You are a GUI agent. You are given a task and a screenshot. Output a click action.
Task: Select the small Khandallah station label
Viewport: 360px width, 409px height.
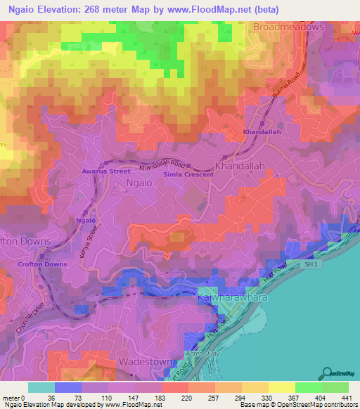point(262,132)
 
